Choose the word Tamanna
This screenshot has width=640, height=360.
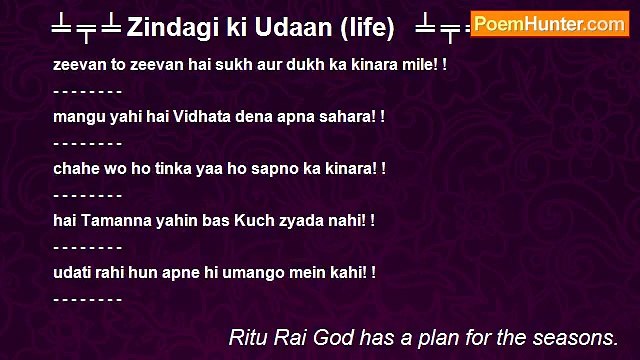112,220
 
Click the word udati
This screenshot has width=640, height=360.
72,272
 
